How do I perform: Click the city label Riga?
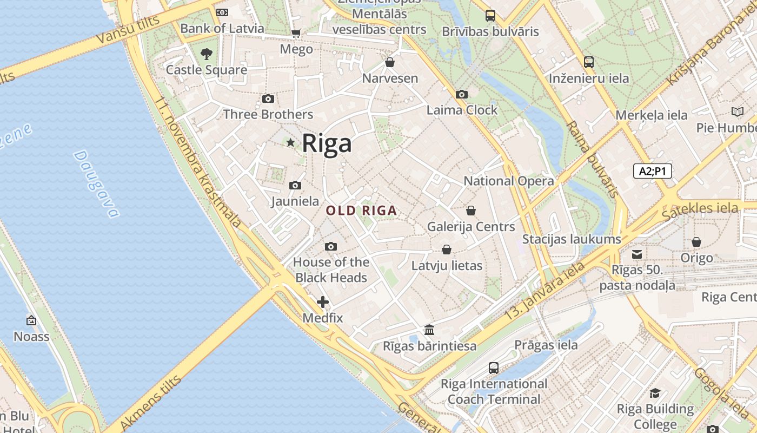(x=327, y=143)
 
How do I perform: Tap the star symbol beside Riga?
(x=291, y=142)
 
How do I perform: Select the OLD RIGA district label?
(x=362, y=211)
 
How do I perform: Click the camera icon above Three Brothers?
(x=268, y=99)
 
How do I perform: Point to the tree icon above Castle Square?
(x=206, y=54)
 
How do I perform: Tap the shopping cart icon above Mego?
(x=296, y=34)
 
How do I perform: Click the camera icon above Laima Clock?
(x=461, y=94)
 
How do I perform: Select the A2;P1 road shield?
(x=652, y=171)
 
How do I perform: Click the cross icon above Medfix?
(x=323, y=302)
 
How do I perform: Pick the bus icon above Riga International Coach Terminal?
(x=494, y=368)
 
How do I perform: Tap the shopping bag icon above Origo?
(x=696, y=242)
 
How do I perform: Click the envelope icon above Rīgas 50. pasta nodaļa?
(x=637, y=254)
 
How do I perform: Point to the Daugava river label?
(x=96, y=184)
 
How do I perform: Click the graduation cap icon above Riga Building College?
(x=655, y=393)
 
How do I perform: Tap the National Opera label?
(x=509, y=181)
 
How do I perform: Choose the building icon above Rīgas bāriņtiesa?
(x=429, y=330)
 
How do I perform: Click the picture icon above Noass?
(x=31, y=321)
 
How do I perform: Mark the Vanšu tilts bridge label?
(x=128, y=30)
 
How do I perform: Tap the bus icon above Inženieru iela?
(x=589, y=62)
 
